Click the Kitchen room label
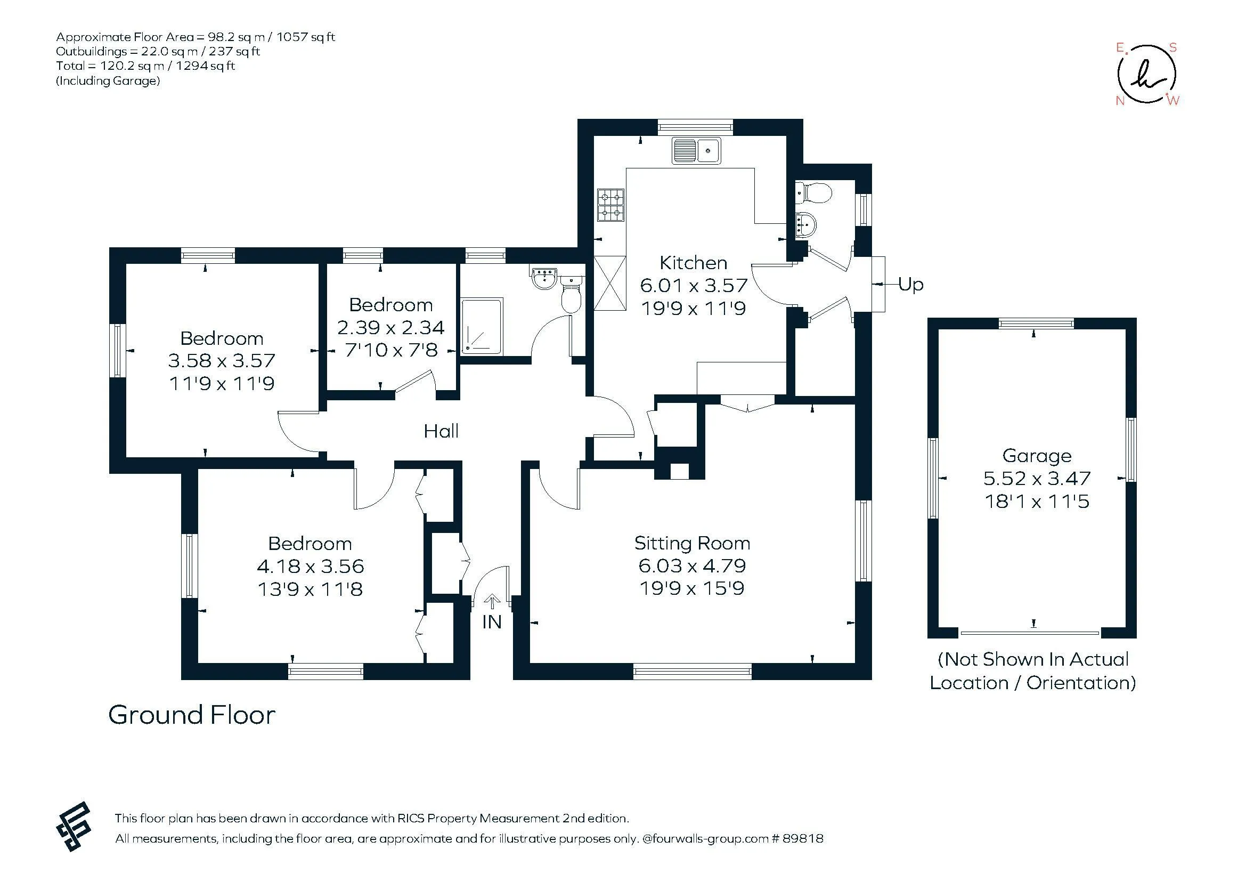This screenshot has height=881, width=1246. coord(693,263)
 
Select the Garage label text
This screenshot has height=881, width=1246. coord(1037,456)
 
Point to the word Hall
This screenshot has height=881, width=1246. coord(441,431)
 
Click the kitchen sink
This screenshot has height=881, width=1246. coord(696,150)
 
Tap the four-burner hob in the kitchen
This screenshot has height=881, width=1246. coord(611,205)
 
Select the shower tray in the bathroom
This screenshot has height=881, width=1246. coord(482,326)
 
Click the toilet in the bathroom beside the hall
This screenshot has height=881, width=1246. coord(571,294)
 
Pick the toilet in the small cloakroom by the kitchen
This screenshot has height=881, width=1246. coord(813,193)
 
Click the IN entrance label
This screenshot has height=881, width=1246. coord(492,622)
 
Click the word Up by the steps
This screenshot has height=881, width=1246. coord(910,284)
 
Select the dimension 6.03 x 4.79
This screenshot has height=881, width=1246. coord(692,565)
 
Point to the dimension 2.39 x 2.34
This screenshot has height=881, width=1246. coord(390,327)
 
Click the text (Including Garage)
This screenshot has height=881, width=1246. coord(108,81)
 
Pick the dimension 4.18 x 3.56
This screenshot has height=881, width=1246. coord(310,566)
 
